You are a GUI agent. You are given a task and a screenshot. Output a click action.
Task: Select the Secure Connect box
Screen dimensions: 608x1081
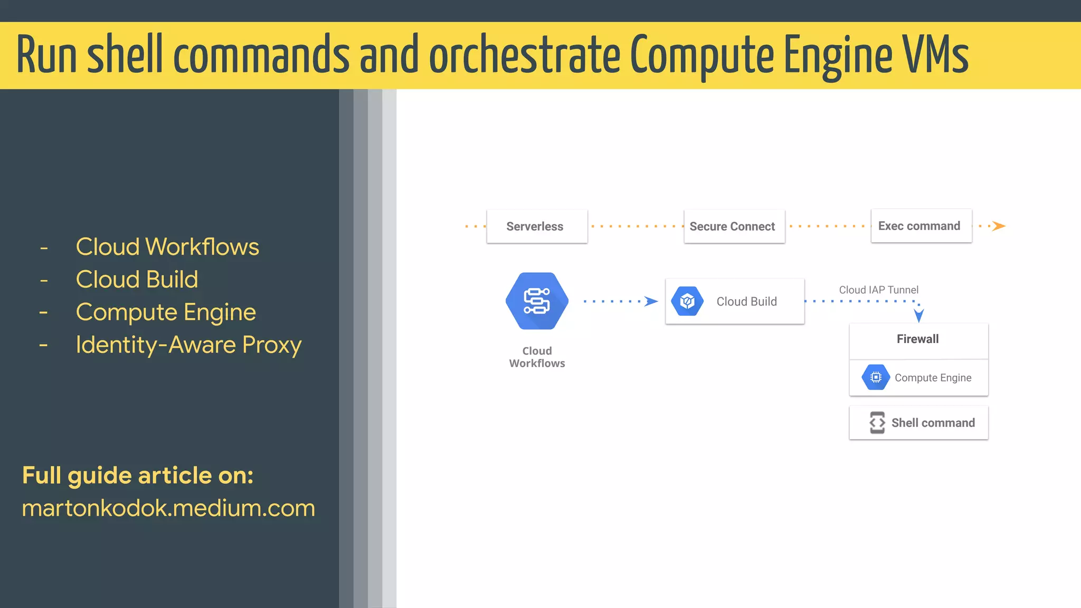click(734, 226)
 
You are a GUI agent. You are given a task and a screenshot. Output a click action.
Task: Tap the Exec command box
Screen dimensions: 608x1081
click(921, 226)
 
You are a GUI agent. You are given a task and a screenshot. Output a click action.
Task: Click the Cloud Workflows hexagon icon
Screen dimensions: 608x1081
click(537, 301)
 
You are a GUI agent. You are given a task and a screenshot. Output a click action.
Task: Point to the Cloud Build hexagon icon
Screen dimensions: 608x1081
click(687, 301)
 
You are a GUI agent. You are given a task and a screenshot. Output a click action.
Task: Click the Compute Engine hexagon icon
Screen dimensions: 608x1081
click(876, 377)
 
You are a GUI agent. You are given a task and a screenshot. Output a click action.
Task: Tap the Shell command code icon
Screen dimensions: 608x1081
click(877, 423)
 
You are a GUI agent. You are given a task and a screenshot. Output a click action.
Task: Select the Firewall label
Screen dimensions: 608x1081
click(917, 339)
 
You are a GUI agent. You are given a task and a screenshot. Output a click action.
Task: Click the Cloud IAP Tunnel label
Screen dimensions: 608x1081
click(878, 290)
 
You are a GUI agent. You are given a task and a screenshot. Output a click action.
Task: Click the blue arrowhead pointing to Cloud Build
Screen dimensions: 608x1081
click(651, 301)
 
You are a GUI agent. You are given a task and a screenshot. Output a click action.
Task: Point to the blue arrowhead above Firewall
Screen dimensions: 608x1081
click(919, 315)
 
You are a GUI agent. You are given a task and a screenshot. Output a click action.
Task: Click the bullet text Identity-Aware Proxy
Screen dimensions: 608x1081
click(188, 345)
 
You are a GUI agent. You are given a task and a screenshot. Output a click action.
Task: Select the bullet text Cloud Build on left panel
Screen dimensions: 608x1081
click(137, 279)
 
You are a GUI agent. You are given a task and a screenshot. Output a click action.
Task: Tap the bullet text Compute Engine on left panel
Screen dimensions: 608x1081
click(166, 312)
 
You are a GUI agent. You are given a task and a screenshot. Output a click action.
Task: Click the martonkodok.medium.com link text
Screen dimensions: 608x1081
click(168, 508)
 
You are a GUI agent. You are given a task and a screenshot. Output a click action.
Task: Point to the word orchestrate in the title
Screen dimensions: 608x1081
click(525, 54)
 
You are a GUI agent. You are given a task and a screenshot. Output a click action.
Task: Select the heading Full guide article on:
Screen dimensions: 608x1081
click(138, 475)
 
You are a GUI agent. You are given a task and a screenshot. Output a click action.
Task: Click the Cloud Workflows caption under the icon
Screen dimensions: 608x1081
click(537, 357)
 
